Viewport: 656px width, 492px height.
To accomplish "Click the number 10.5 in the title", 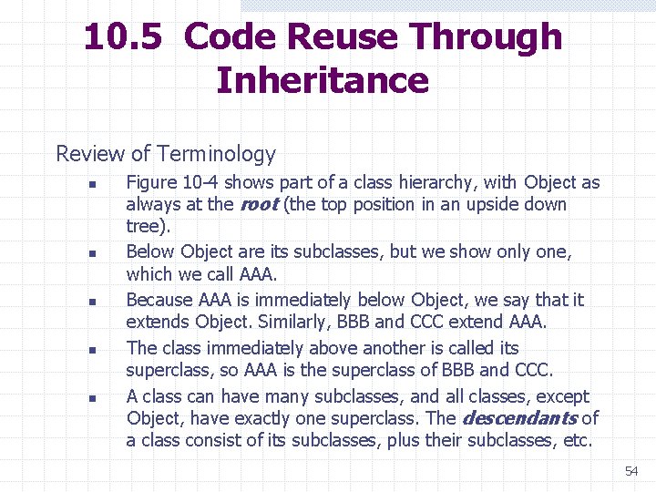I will tap(123, 37).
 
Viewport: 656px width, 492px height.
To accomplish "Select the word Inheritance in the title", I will tap(323, 80).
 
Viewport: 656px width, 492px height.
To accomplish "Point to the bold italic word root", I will tap(258, 204).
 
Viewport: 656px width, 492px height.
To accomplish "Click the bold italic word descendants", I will tap(519, 418).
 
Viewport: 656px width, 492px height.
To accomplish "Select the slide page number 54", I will tap(631, 471).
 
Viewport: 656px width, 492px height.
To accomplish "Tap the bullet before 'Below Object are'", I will tap(92, 253).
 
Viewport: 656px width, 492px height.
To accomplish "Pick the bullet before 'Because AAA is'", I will tap(92, 302).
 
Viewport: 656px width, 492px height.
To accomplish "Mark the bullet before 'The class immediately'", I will tap(92, 350).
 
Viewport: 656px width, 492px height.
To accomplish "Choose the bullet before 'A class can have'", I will tap(92, 399).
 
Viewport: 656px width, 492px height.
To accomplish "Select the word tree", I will tap(146, 226).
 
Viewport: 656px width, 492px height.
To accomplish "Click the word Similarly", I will tap(295, 322).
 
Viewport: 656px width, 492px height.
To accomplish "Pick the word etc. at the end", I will tap(577, 441).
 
